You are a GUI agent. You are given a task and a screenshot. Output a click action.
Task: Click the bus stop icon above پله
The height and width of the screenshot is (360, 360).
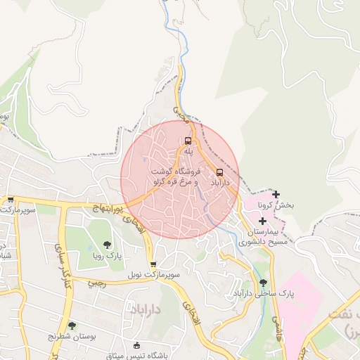187,140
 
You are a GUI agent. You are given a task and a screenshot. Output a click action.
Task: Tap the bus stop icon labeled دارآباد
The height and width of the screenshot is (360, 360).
219,172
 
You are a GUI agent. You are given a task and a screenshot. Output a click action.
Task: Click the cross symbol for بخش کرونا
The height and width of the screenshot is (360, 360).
276,194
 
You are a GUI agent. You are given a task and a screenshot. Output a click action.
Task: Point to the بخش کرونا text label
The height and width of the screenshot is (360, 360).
275,205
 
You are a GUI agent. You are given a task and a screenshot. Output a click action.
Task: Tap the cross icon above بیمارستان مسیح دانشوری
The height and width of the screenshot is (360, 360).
262,221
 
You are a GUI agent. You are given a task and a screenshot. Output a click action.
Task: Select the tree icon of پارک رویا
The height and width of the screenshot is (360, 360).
107,244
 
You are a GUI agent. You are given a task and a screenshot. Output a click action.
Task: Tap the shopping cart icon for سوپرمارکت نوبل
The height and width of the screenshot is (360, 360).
153,264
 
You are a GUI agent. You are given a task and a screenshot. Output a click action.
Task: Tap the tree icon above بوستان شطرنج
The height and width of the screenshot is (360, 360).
72,325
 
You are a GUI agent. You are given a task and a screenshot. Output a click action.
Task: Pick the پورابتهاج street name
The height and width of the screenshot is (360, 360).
108,208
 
